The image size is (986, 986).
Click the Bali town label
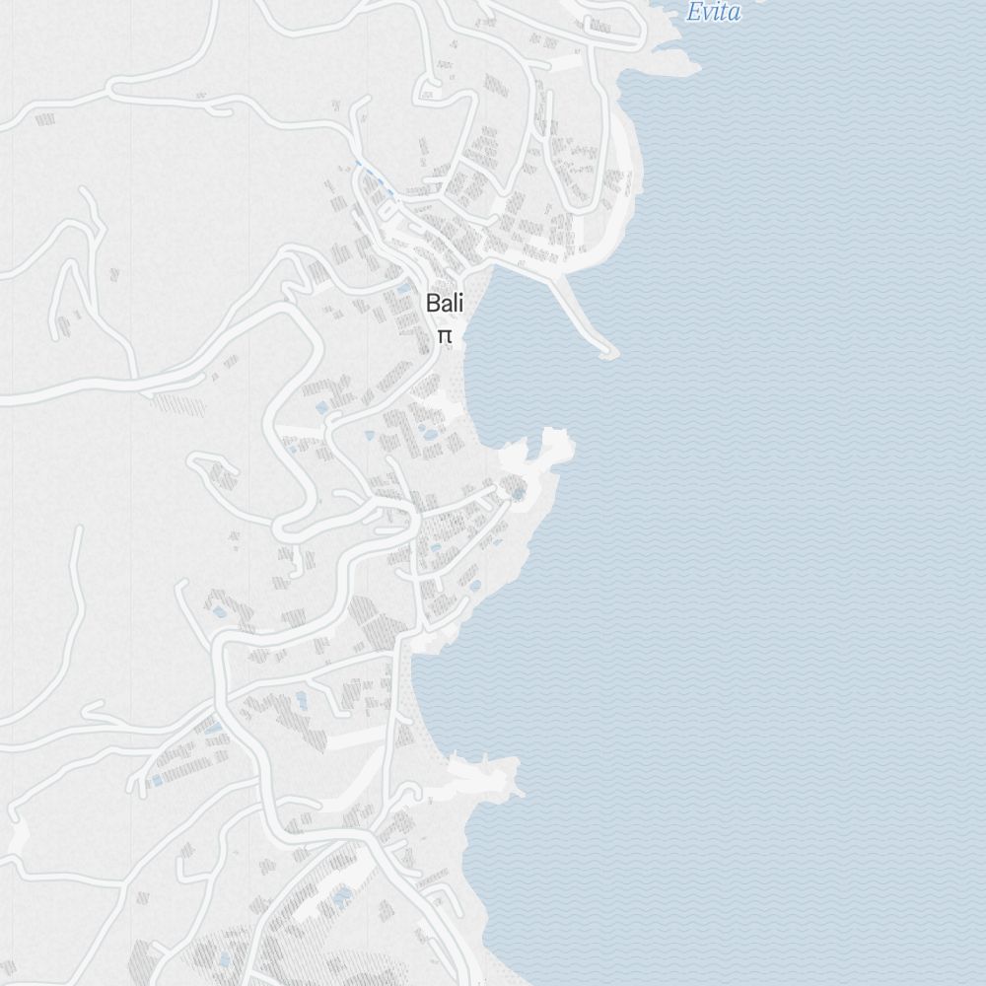tap(445, 304)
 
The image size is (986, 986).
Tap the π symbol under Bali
tap(445, 336)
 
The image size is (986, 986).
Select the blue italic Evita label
tap(713, 13)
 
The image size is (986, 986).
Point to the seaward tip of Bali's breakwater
tap(609, 351)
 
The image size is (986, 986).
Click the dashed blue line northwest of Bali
tap(372, 178)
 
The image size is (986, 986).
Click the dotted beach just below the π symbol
tap(454, 375)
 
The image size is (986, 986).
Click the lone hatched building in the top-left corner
tap(44, 119)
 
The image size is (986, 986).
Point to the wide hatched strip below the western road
tap(177, 404)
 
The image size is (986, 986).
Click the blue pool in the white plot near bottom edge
tap(342, 897)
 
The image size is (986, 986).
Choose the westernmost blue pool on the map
tap(157, 780)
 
